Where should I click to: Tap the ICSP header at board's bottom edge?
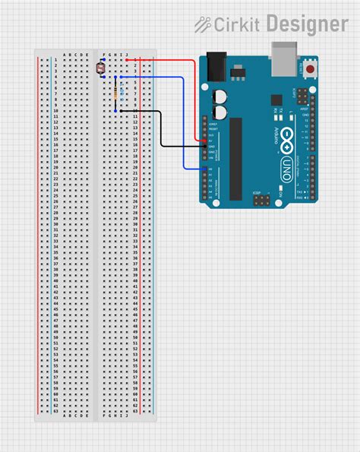click(x=261, y=202)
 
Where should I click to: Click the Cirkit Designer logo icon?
click(x=202, y=24)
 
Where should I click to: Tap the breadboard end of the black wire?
click(x=116, y=111)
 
